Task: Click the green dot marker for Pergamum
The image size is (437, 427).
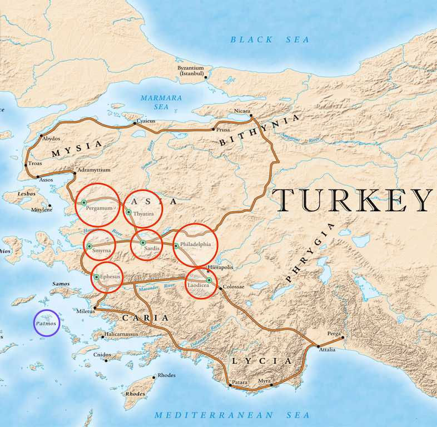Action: pos(83,202)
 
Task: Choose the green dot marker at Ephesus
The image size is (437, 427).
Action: pos(97,276)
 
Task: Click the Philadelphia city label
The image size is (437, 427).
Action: pos(196,244)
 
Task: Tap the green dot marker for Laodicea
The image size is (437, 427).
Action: pos(209,280)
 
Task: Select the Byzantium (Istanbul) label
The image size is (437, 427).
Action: pos(191,71)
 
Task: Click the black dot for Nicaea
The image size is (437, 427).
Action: pos(252,116)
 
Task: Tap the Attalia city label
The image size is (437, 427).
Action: pos(327,350)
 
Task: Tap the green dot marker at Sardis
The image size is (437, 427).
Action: pos(142,242)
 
